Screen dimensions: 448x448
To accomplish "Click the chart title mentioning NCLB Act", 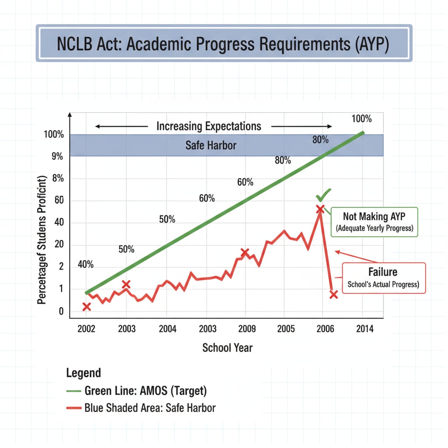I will coord(224,45).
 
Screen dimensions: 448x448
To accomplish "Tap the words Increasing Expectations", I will coord(209,126).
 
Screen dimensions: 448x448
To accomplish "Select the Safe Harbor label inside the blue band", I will coord(211,145).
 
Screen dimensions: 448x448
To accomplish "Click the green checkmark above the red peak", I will coord(323,194).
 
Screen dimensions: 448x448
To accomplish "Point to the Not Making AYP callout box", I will coord(374,222).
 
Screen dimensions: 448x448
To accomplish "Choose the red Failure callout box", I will coord(383,277).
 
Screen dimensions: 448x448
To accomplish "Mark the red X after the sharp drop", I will coord(333,294).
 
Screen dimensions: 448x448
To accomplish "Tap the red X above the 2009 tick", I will coord(245,252).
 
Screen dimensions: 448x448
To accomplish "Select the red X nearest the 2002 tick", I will coord(87,307).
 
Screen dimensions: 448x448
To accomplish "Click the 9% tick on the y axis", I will coord(57,157).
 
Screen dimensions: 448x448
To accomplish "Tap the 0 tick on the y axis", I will coord(61,311).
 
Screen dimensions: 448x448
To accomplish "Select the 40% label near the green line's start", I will coord(86,265).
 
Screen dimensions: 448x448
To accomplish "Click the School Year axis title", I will coord(227,348).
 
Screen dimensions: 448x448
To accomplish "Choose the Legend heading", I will coord(83,373).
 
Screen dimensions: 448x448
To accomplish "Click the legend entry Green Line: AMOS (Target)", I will coord(146,391).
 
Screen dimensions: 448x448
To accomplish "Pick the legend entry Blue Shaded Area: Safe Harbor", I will coord(150,408).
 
